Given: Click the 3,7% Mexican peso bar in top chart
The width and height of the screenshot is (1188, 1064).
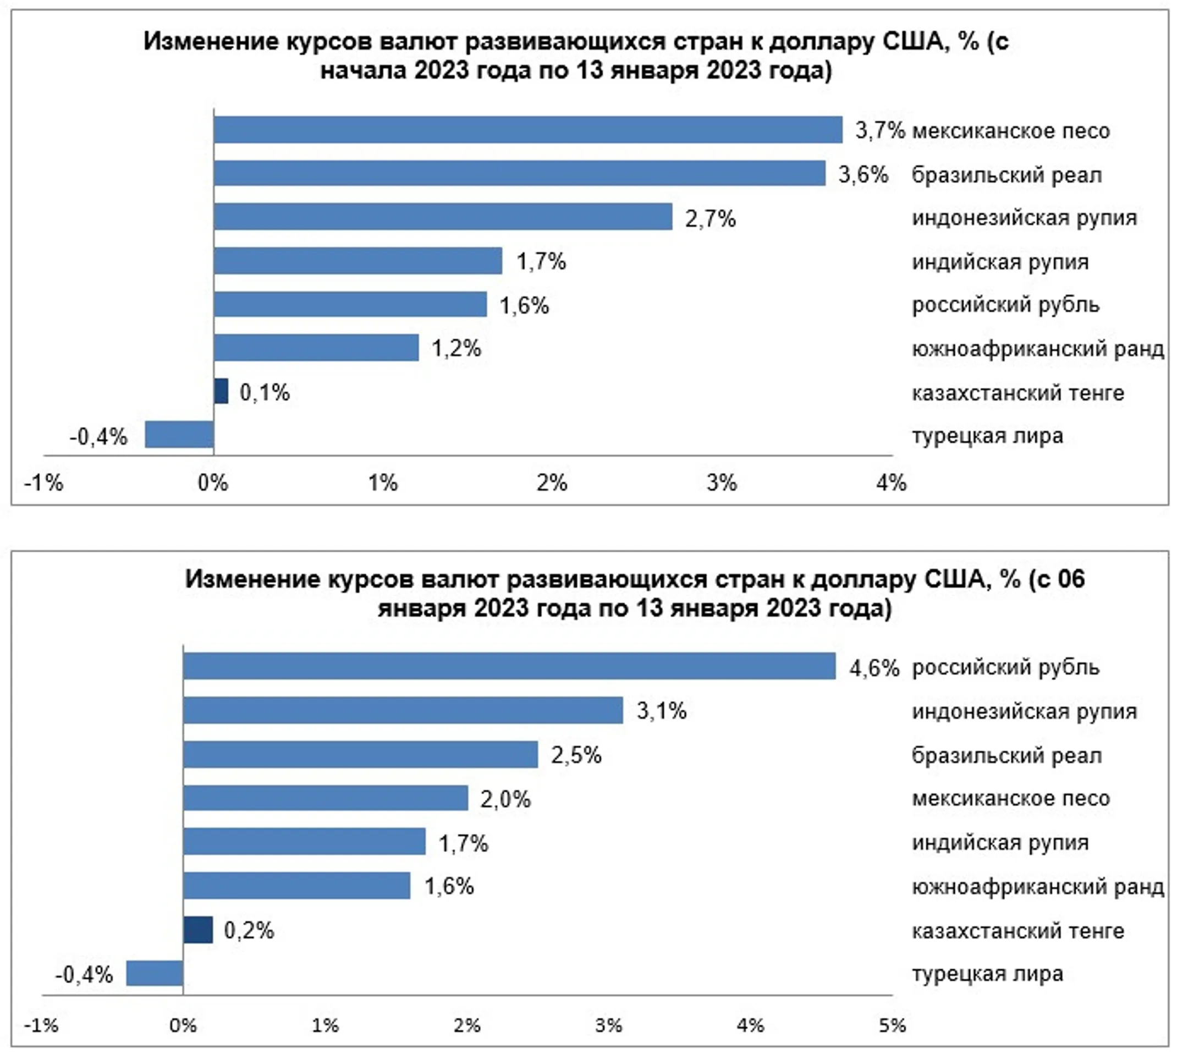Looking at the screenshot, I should pos(527,130).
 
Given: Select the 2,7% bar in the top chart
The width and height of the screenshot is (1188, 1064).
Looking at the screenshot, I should pos(442,217).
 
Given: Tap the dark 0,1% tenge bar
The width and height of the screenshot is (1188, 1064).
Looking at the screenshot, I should pos(221,391).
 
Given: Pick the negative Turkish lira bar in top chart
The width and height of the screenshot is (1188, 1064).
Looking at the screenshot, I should pos(179,435).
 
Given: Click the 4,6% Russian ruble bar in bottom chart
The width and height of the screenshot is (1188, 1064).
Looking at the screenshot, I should pos(509,666).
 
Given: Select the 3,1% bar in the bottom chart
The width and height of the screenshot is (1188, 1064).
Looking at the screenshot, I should pos(403,710).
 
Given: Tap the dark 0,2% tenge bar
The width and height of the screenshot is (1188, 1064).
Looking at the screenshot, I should pos(197,930).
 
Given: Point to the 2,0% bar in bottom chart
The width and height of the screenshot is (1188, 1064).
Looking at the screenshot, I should pos(326,798).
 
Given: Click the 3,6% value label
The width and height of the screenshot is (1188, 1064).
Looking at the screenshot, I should pos(863,175).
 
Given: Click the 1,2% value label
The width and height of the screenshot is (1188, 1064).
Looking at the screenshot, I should pos(456,349).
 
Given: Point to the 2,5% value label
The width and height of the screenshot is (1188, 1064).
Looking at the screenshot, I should pos(576,755).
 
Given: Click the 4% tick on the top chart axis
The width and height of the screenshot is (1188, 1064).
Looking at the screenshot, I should pos(891,483).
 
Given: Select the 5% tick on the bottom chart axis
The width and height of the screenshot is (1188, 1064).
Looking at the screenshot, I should pos(892,1025).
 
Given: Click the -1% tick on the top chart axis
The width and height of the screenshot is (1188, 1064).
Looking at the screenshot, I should pos(43,483).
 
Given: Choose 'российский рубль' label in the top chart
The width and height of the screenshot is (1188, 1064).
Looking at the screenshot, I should pos(1005,305).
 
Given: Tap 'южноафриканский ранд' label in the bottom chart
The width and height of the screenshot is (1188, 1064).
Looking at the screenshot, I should pos(1038,887).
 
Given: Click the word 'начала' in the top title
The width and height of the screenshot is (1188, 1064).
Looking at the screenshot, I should pos(364,71).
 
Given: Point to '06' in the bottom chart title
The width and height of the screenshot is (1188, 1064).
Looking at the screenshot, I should pos(1070,579).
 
